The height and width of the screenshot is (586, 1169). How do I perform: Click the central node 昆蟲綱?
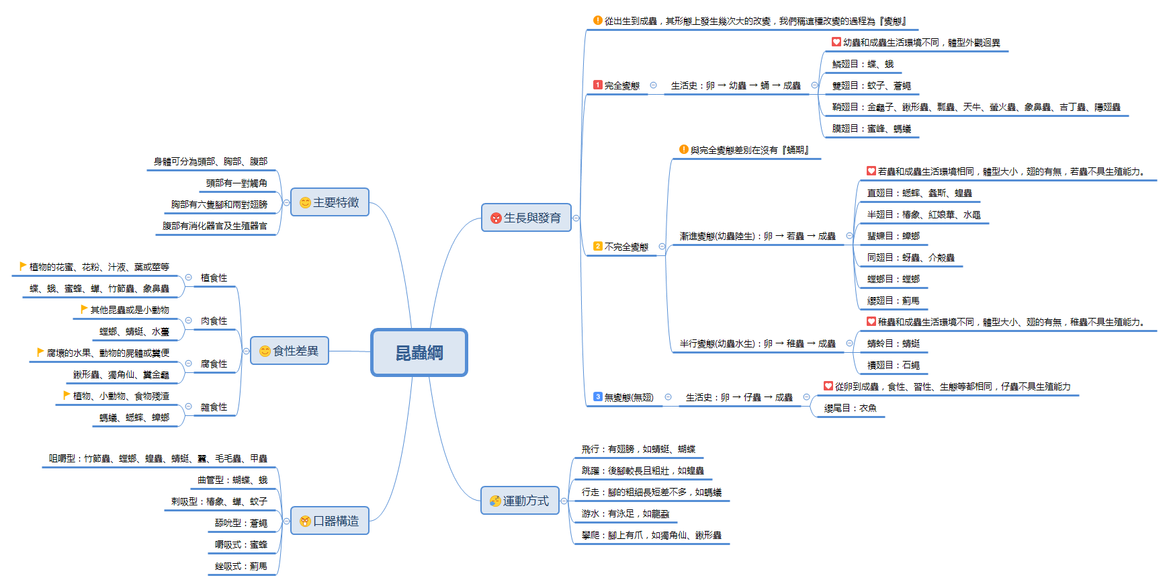point(419,352)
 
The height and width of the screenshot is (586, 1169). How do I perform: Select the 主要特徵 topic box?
point(329,202)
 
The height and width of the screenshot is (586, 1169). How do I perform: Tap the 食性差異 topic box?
point(289,351)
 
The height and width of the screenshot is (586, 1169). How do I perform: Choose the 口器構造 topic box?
point(329,521)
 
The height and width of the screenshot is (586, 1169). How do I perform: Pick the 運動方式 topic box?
point(519,501)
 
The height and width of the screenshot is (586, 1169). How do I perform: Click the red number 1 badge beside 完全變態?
point(597,85)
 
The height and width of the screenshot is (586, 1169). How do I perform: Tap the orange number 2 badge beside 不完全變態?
point(597,246)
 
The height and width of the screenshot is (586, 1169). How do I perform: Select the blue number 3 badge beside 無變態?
point(597,396)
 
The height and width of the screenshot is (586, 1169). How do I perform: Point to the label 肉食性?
point(214,321)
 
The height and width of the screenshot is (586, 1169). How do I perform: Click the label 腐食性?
point(214,364)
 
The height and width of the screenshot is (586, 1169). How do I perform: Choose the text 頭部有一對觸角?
point(236,183)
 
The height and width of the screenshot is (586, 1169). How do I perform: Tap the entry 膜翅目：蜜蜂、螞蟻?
point(871,128)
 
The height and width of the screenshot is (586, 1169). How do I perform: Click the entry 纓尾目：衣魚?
point(850,408)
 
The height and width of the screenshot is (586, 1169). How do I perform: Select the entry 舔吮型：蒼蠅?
point(241,523)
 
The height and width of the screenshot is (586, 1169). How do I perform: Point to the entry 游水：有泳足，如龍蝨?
point(625,513)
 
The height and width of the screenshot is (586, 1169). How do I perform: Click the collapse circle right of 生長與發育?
point(576,218)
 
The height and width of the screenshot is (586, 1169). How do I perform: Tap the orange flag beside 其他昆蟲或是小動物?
point(84,309)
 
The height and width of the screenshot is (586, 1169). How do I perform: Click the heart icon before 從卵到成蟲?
point(828,386)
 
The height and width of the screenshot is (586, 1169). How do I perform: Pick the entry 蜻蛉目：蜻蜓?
point(893,343)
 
